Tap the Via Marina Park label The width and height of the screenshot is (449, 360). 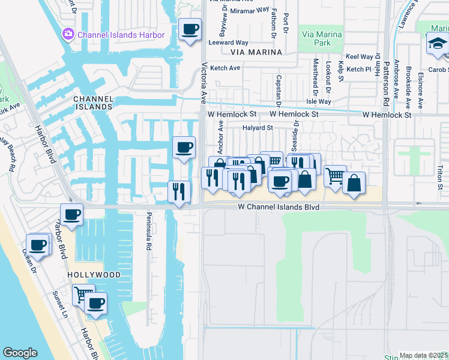[325, 39]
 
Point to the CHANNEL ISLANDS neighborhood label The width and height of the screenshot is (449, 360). [92, 102]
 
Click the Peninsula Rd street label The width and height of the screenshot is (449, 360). [148, 234]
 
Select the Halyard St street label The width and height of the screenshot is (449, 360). [258, 128]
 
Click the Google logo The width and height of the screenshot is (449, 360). [20, 353]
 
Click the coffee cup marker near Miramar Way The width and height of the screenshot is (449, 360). [191, 29]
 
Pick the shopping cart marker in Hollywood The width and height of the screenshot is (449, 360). [82, 294]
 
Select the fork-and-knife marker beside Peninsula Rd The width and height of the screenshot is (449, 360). [179, 191]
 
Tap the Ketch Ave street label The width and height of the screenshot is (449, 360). [225, 68]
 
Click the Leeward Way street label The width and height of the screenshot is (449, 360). [228, 43]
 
